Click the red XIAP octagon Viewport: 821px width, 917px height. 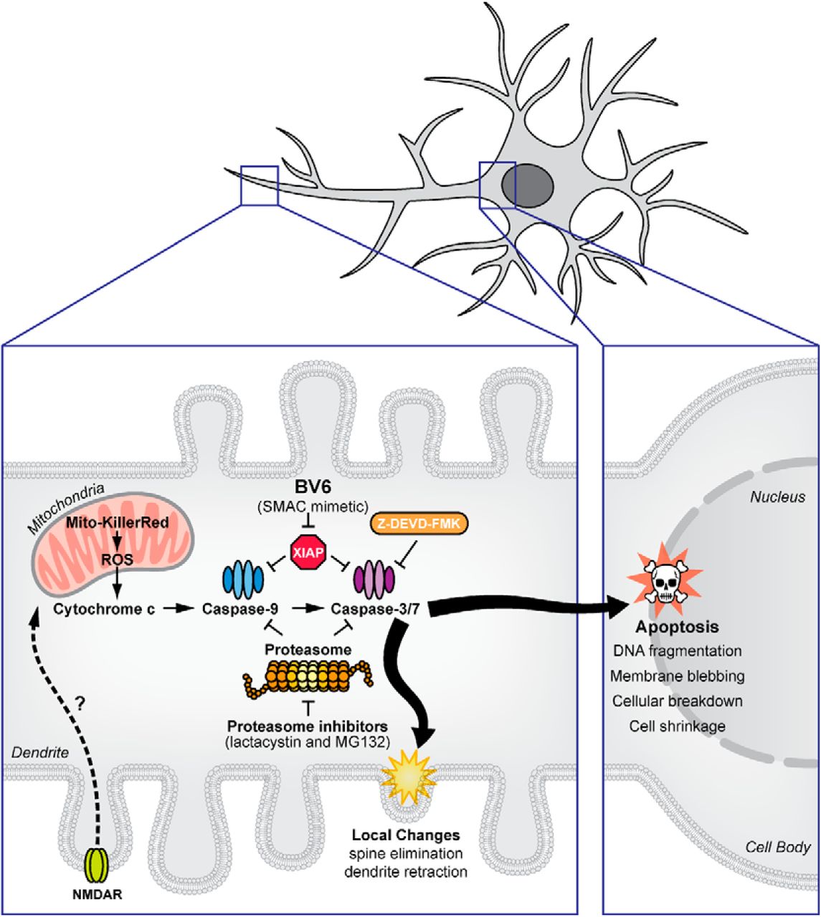point(308,552)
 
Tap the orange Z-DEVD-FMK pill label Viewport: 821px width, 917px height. point(419,524)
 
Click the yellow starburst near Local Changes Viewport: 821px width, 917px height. point(409,779)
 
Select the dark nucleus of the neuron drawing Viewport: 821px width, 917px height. point(527,185)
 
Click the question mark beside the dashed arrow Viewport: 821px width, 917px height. point(80,704)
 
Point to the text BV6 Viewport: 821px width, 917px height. point(313,486)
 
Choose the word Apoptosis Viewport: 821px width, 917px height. point(677,627)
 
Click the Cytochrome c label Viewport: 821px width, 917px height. point(104,609)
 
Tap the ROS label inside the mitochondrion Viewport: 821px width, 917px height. point(117,560)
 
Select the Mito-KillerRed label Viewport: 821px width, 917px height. point(118,522)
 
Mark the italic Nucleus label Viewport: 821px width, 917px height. point(777,497)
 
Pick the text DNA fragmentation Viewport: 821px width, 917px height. point(678,651)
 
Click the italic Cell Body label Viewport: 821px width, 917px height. point(777,847)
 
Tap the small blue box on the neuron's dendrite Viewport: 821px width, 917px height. point(259,186)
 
